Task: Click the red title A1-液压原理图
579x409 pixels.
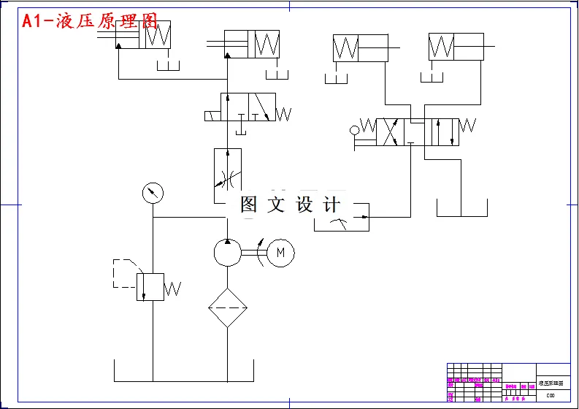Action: pyautogui.click(x=90, y=21)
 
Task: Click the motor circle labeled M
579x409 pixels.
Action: pyautogui.click(x=280, y=253)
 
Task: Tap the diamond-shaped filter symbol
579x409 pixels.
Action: pyautogui.click(x=228, y=307)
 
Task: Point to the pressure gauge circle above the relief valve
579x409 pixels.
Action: pyautogui.click(x=153, y=194)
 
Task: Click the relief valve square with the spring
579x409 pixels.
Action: pyautogui.click(x=150, y=286)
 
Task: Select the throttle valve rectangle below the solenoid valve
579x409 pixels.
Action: pyautogui.click(x=227, y=175)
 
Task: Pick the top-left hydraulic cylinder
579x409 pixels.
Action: pyautogui.click(x=143, y=34)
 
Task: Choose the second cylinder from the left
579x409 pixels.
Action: pyautogui.click(x=252, y=45)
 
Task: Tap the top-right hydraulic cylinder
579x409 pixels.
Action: pyautogui.click(x=456, y=47)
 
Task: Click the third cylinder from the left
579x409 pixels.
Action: pyautogui.click(x=360, y=48)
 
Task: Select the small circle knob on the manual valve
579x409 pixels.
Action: pyautogui.click(x=355, y=131)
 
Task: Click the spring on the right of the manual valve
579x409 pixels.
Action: pyautogui.click(x=467, y=126)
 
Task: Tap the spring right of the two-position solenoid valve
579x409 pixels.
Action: pyautogui.click(x=283, y=114)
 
